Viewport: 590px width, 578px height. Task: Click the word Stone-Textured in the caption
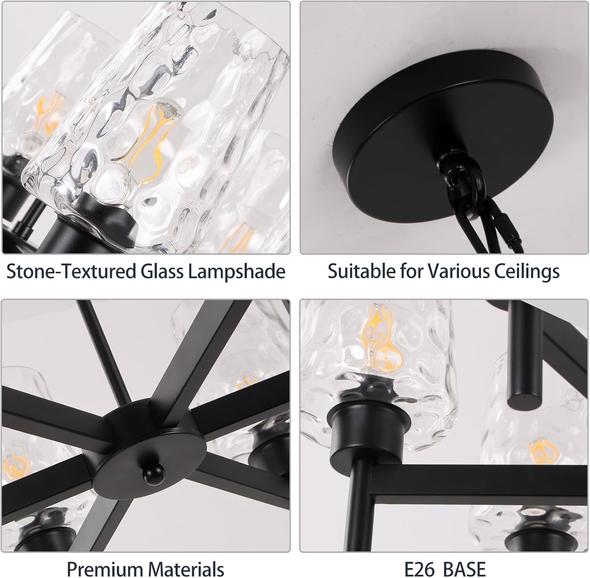coord(71,272)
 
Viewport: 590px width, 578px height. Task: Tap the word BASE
coord(464,569)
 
